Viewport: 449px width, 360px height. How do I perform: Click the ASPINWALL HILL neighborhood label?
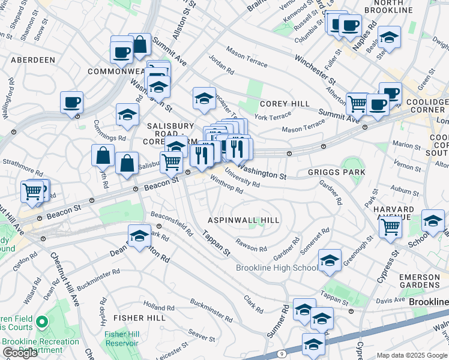click(244, 220)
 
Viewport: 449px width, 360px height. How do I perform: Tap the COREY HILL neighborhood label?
click(285, 104)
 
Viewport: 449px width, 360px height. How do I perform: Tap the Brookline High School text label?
click(277, 268)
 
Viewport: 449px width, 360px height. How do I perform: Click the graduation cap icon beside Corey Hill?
click(204, 98)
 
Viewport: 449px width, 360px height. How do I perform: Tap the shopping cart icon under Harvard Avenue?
click(391, 227)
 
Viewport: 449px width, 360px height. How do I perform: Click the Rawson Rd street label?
click(251, 246)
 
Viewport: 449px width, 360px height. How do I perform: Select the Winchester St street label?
click(315, 68)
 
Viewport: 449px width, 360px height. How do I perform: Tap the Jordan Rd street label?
click(221, 66)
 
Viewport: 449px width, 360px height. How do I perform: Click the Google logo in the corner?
click(20, 353)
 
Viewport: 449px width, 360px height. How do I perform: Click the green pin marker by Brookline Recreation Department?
click(41, 323)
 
